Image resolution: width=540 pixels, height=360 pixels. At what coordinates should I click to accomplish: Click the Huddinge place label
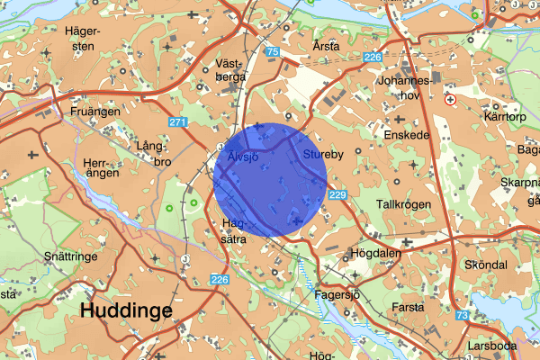[126, 310]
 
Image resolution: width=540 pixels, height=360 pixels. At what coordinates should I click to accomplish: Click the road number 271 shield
[177, 122]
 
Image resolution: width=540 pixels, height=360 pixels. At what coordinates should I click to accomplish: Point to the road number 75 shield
[273, 53]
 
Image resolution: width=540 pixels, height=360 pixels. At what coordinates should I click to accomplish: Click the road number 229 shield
[337, 195]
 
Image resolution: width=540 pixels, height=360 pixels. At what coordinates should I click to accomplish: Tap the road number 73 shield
[462, 315]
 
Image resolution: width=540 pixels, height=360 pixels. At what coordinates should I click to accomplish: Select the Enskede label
[405, 135]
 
